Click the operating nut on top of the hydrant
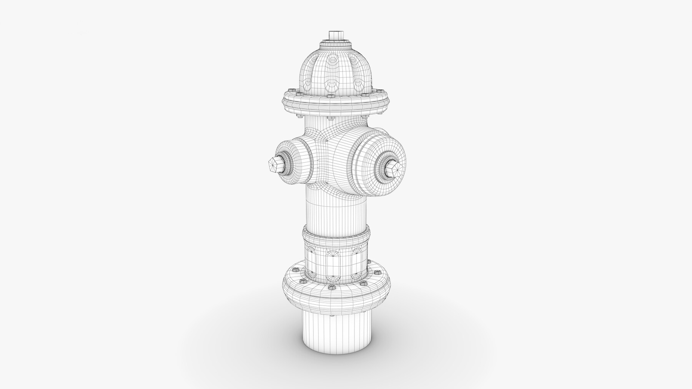(337, 35)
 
